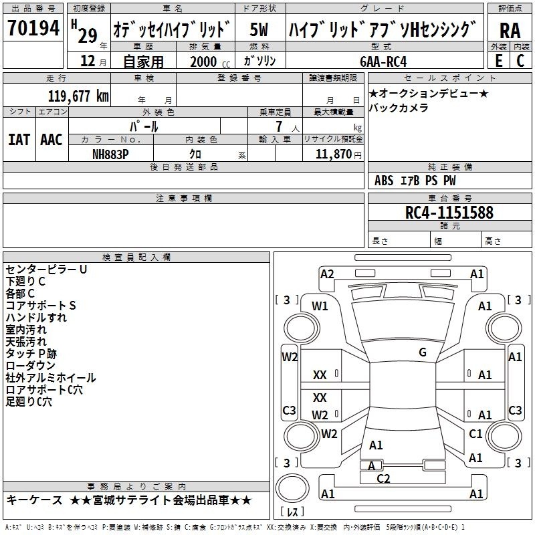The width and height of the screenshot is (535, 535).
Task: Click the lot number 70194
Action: pos(33,28)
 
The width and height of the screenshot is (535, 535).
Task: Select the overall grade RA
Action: pos(510,31)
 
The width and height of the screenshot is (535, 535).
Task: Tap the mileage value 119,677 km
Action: pos(78,96)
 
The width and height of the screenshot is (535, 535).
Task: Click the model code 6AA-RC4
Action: pos(383,62)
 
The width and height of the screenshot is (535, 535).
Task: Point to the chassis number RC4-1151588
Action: pos(449,213)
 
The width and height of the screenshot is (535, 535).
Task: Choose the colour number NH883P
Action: pos(110,154)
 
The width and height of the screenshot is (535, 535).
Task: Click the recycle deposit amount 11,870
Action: pos(333,154)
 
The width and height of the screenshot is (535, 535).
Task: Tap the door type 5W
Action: pos(259,29)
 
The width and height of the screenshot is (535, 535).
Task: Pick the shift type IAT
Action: pos(19,140)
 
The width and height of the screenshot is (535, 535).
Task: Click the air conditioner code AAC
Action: pos(51,140)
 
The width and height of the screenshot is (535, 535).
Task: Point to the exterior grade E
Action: pos(498,61)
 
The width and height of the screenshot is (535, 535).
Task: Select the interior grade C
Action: pos(520,61)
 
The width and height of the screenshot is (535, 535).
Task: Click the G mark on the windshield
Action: pos(423,352)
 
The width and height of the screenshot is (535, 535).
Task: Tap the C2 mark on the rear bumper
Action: pos(383,478)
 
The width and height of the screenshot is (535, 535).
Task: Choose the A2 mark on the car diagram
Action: pos(327,274)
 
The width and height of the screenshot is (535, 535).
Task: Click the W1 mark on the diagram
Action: pos(320,306)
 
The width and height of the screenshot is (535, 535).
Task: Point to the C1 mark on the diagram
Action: pos(475,433)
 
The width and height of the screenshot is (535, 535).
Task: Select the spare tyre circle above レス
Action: pos(292,488)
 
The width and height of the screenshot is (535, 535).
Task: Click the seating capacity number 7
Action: pos(280,126)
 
